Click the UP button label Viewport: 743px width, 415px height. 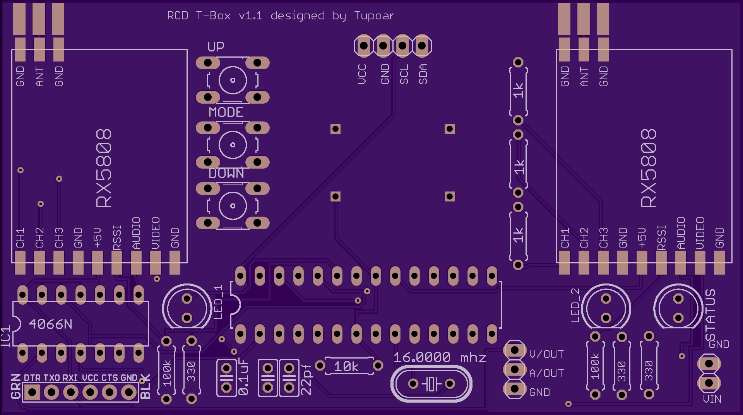click(216, 47)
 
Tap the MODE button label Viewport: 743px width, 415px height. click(226, 112)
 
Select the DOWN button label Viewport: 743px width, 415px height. click(226, 173)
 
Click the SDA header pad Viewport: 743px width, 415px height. click(422, 46)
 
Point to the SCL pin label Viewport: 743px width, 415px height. click(404, 74)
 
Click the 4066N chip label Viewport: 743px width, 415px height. click(51, 324)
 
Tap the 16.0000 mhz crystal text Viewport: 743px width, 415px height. click(440, 357)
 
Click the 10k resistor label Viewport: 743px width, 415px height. click(346, 366)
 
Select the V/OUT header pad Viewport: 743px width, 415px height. click(515, 350)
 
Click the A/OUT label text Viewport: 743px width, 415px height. click(546, 373)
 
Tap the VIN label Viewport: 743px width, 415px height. click(712, 399)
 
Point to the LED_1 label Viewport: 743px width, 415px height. click(218, 302)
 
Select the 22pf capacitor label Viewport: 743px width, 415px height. click(306, 379)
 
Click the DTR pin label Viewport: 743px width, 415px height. click(32, 378)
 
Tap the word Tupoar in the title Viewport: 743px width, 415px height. click(374, 16)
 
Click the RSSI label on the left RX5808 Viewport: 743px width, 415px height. click(117, 237)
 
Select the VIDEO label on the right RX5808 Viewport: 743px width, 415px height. click(700, 233)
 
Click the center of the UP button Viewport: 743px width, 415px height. click(233, 80)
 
